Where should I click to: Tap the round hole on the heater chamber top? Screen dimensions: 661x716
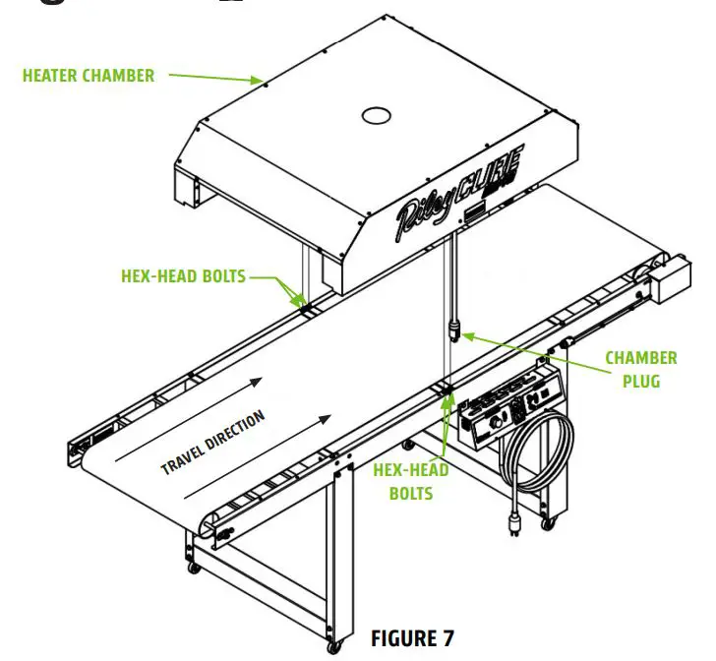378,116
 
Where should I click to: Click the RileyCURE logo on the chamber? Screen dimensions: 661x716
460,182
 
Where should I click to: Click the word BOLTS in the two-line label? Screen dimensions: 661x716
410,492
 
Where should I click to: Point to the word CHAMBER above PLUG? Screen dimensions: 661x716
640,358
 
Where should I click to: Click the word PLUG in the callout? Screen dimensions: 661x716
640,381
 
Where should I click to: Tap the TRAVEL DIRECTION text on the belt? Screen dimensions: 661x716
213,442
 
